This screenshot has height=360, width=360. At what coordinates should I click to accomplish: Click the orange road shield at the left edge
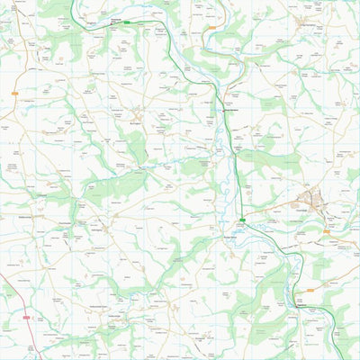click(15, 94)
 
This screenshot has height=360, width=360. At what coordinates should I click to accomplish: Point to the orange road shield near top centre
click(211, 28)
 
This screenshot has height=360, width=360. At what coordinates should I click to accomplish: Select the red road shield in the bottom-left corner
click(26, 318)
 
